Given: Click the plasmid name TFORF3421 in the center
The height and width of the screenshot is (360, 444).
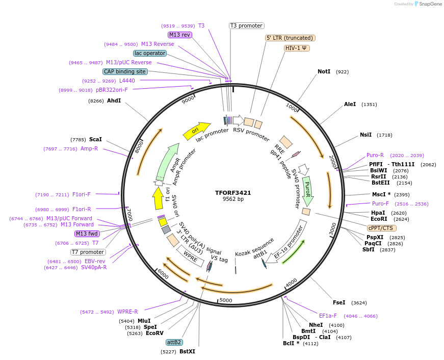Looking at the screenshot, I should [x=233, y=193].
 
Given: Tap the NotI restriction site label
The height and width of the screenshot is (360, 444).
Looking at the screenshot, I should [x=324, y=72].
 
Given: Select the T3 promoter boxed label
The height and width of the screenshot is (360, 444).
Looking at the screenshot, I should [x=247, y=25].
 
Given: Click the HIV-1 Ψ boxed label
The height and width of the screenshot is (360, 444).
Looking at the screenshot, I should [x=297, y=48].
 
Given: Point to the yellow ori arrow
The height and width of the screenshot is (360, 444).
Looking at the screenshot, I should [x=196, y=130].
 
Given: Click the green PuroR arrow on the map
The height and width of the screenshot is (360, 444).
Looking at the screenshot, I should [x=307, y=190].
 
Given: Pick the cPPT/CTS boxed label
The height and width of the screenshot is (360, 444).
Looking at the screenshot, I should [x=380, y=228].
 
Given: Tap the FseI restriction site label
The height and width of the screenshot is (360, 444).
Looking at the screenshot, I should [x=339, y=302].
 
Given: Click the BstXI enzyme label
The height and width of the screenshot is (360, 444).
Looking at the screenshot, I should [x=187, y=351].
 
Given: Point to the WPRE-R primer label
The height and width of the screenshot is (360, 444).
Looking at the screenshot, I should [x=127, y=312].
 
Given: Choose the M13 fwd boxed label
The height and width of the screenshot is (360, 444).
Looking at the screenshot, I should [x=87, y=234].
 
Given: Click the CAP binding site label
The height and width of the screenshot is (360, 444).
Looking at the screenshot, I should [x=125, y=71].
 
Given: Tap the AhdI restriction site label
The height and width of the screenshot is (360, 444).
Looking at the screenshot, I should [x=114, y=100].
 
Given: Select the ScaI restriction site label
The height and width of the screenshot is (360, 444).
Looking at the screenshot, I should [x=95, y=139].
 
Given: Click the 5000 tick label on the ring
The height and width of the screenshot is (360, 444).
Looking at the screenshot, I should [x=225, y=300].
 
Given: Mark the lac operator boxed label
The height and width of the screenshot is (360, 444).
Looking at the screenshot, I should [x=150, y=53].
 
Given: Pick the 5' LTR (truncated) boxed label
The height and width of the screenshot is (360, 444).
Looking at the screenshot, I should [x=291, y=38].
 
